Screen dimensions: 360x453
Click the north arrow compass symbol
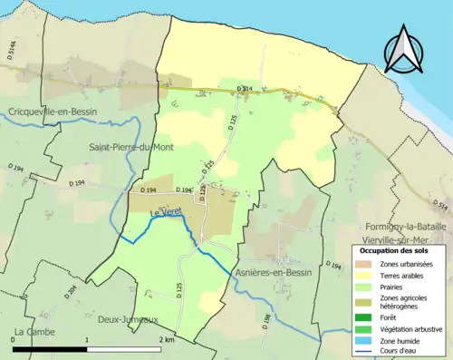[x=404, y=51]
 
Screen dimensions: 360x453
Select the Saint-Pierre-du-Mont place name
[x=130, y=147]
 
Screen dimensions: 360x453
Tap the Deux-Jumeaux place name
[x=122, y=319]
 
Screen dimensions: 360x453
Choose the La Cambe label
[x=32, y=332]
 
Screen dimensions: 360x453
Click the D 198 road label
[x=267, y=318]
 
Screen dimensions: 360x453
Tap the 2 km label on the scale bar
[x=167, y=339]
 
